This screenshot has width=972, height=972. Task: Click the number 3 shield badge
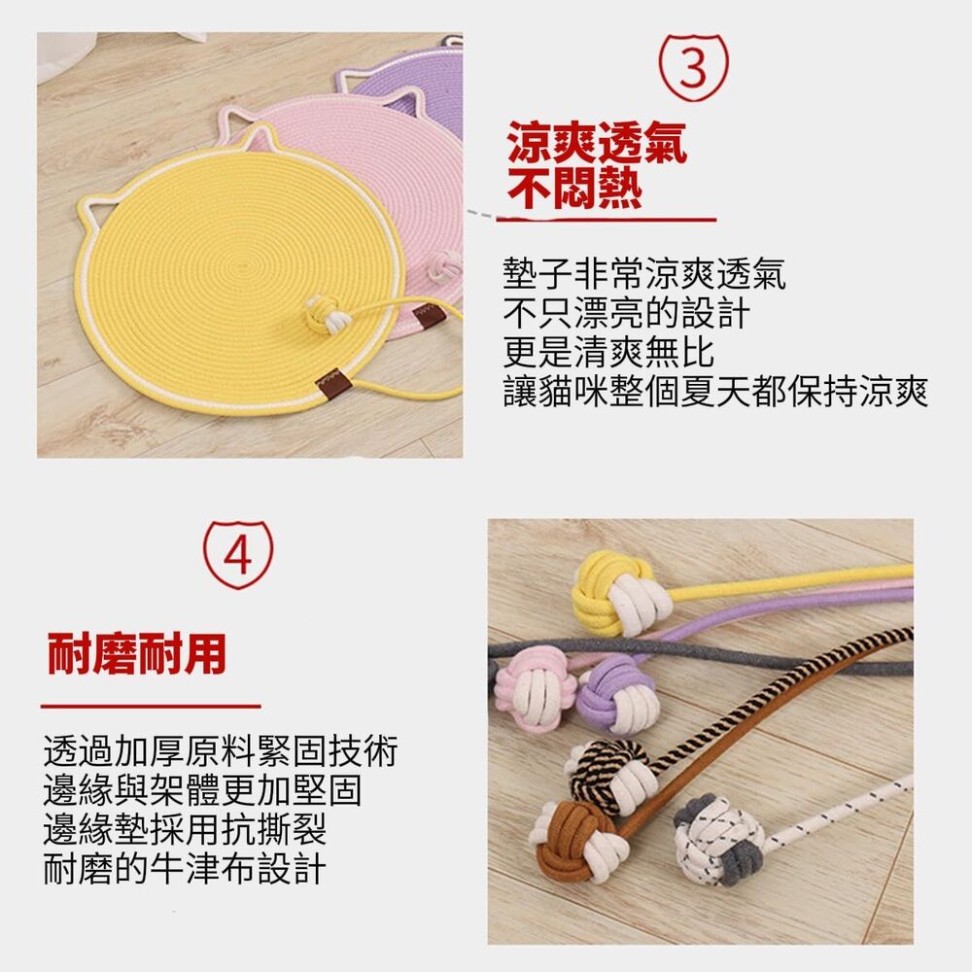tap(691, 67)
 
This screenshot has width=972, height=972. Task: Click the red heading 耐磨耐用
tap(137, 654)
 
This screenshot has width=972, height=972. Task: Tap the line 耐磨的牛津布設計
tap(184, 868)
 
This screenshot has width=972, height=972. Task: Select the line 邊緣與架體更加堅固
tap(202, 790)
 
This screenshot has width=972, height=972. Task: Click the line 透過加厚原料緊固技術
tap(220, 751)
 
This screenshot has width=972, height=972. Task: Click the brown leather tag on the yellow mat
tap(330, 379)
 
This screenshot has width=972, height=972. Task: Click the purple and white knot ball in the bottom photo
tap(616, 693)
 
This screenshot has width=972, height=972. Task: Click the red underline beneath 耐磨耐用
tap(151, 706)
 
